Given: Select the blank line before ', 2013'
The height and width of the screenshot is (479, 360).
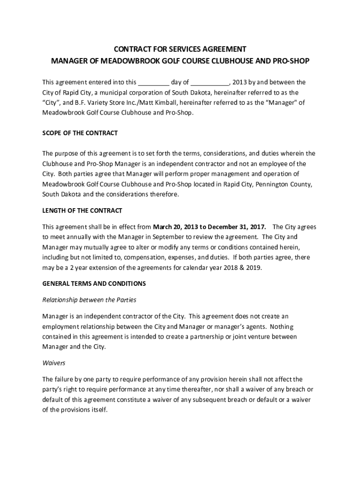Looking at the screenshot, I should (x=210, y=83).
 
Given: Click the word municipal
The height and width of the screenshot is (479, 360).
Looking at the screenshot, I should (x=110, y=93).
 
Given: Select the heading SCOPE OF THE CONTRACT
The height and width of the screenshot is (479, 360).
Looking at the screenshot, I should (x=80, y=133).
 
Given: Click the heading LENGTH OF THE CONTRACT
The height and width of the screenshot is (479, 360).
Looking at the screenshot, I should (x=82, y=210).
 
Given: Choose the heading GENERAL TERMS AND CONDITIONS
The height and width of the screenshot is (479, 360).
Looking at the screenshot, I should (x=94, y=283).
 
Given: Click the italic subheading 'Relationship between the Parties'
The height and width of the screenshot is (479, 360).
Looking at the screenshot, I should (x=89, y=300).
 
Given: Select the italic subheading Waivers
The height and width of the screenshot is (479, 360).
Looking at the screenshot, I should (x=54, y=363).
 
